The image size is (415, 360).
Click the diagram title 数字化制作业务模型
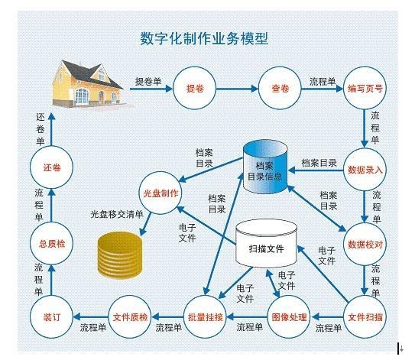204,39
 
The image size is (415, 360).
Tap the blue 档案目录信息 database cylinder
265,167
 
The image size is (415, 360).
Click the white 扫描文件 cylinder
266,244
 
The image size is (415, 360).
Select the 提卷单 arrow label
148,81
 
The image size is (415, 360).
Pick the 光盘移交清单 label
117,214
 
